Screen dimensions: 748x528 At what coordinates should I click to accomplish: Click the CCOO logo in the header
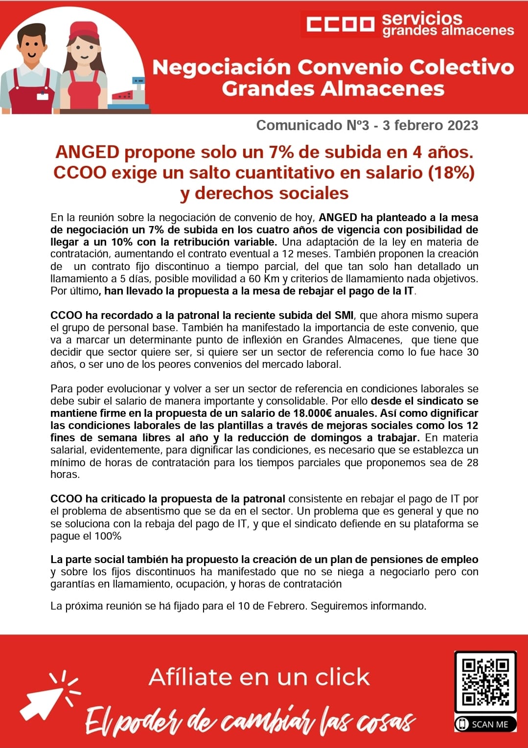click(x=340, y=24)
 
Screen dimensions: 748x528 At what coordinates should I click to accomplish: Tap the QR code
click(x=485, y=681)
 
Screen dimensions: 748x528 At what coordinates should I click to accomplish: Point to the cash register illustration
click(x=129, y=94)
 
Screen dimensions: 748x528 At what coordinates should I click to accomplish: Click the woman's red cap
click(x=83, y=30)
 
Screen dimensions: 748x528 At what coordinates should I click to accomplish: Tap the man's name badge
click(x=43, y=96)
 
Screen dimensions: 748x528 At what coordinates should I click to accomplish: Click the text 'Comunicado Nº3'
click(x=312, y=126)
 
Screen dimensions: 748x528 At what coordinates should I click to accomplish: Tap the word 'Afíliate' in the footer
click(x=190, y=678)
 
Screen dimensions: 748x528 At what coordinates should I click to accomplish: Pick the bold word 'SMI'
click(x=344, y=316)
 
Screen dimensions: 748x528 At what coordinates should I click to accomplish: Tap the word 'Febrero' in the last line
click(x=286, y=606)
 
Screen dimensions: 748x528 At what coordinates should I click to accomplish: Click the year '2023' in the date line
click(x=459, y=126)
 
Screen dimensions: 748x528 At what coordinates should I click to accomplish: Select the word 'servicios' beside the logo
click(x=422, y=19)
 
